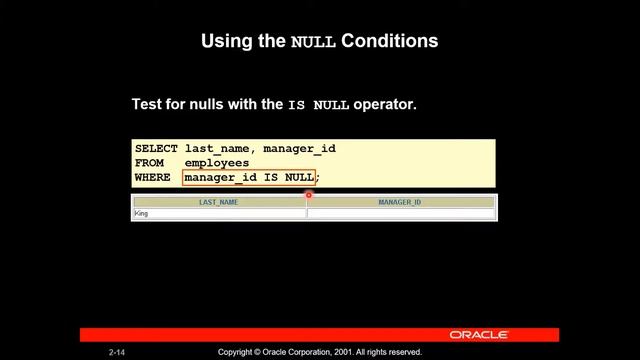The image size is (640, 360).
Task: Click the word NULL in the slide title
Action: point(313,42)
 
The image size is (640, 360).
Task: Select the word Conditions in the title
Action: point(390,41)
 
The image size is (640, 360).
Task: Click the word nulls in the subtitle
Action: point(204,104)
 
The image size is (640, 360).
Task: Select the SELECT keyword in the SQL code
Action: point(156,149)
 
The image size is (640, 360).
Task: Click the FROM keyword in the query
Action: point(149,163)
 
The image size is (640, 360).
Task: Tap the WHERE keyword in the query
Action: point(153,177)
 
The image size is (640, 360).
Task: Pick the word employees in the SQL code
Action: point(217,163)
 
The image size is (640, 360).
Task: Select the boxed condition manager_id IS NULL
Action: point(249,177)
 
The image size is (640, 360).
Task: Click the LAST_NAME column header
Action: point(219,202)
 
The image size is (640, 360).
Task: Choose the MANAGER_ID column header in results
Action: point(400,202)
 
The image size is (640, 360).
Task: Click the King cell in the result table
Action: point(141,213)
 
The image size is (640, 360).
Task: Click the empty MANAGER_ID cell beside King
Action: point(400,213)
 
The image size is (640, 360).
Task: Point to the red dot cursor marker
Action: point(309,195)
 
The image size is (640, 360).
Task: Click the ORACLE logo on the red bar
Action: point(479,335)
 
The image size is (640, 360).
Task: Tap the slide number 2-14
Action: point(118,353)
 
